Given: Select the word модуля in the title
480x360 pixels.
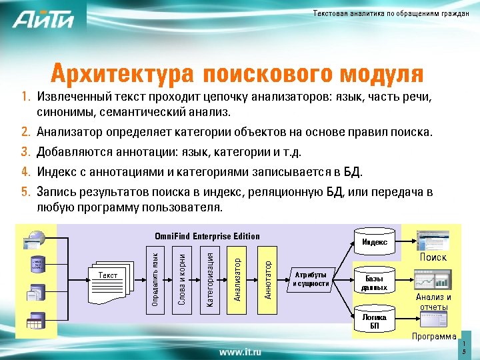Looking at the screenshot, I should tap(381, 73).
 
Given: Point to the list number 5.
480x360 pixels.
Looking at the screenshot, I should tap(25, 193).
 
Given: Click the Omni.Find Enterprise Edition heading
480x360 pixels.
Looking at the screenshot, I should tap(207, 236).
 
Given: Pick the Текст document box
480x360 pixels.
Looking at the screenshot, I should tap(108, 275).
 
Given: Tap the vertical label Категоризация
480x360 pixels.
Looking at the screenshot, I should tap(209, 279).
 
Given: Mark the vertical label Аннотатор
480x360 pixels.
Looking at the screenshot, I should tap(267, 279).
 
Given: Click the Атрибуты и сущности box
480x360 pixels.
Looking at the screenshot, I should tap(311, 279).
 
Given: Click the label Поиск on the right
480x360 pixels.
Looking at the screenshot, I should tap(433, 257).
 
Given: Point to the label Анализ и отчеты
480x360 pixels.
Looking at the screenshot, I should tap(433, 302).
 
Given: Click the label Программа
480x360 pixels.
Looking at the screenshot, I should tap(434, 337).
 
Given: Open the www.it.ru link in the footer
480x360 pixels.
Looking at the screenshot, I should tap(240, 351).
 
